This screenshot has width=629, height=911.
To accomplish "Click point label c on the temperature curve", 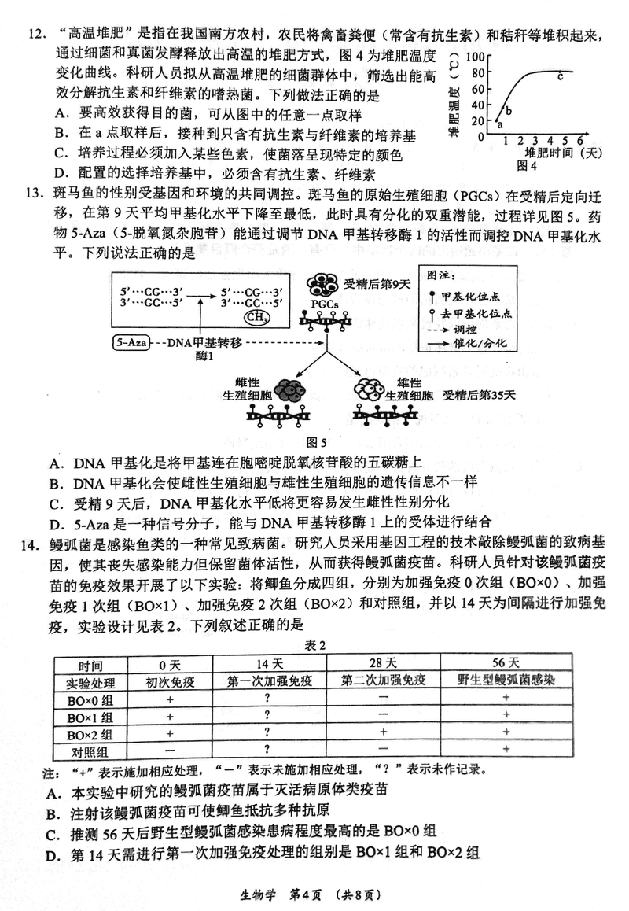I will coord(560,77).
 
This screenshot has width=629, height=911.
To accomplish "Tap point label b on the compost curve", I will coord(509,111).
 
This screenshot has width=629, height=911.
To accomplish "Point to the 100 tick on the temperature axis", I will coord(479,57).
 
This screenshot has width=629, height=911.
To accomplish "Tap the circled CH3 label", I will coord(256,317).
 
